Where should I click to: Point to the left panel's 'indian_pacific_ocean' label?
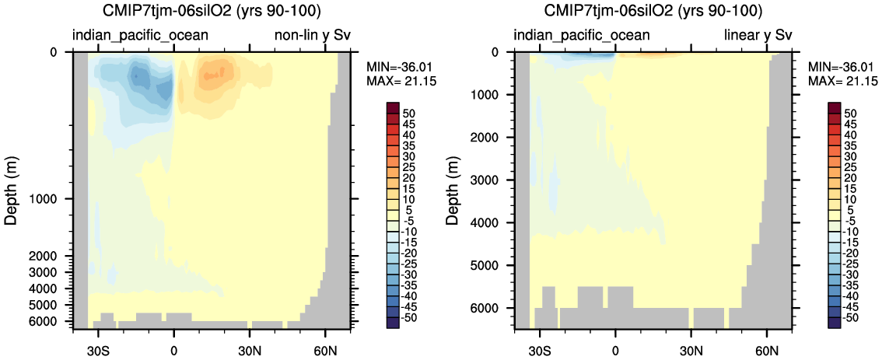(140, 36)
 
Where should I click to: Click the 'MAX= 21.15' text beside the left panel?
(401, 82)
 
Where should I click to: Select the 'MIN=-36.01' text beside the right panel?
(843, 68)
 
